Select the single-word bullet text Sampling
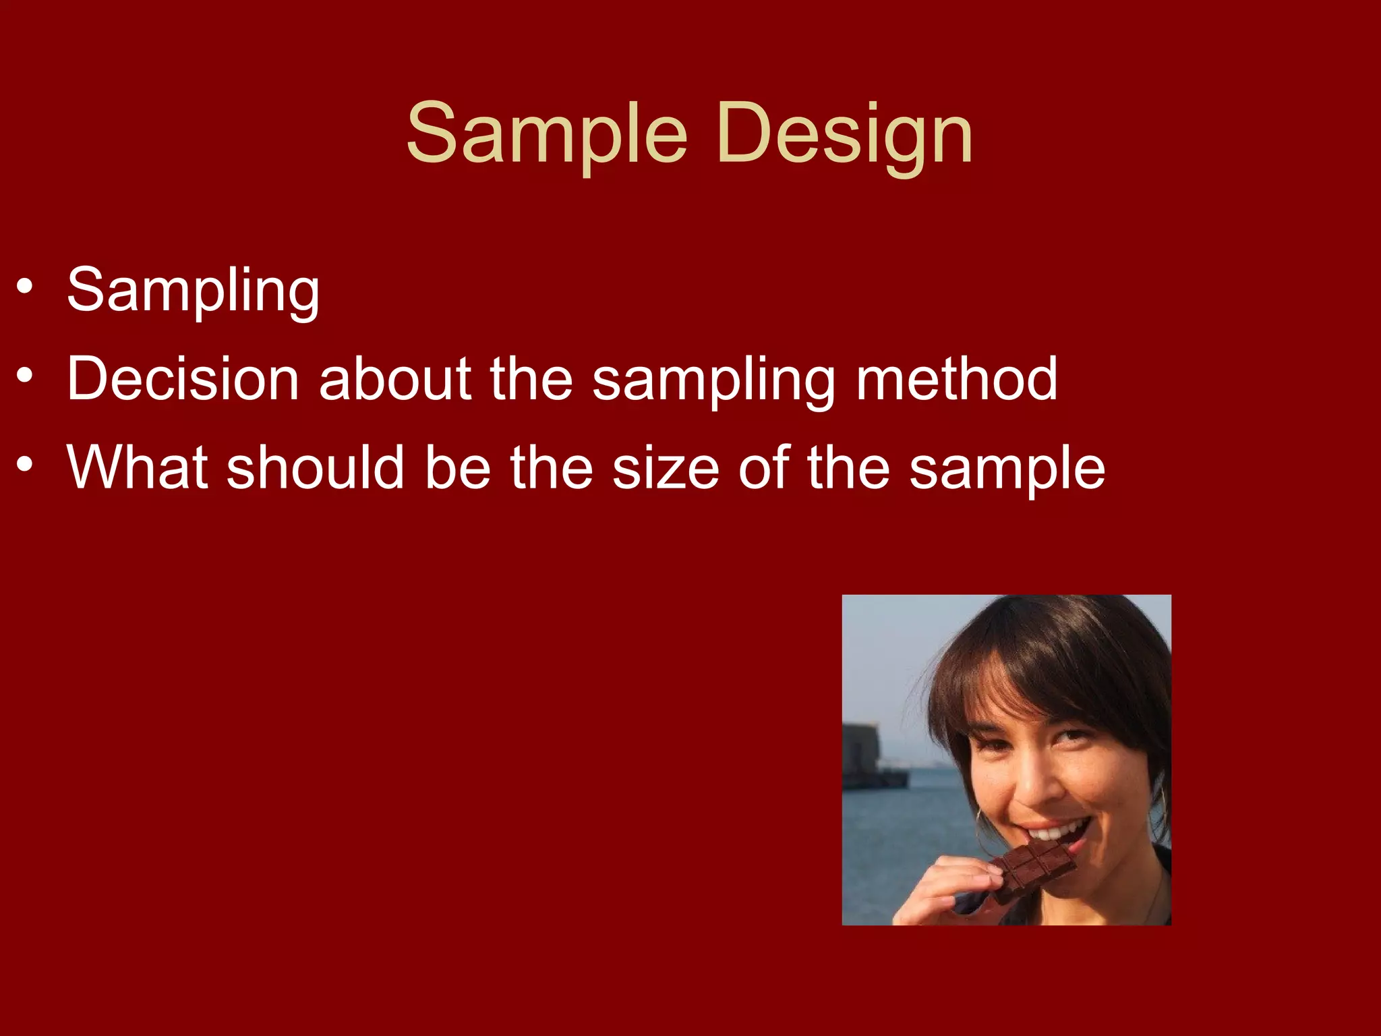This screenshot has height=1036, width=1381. tap(193, 290)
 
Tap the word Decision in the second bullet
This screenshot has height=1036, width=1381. tap(183, 379)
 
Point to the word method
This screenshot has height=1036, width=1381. tap(956, 379)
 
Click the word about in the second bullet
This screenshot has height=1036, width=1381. tap(394, 379)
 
